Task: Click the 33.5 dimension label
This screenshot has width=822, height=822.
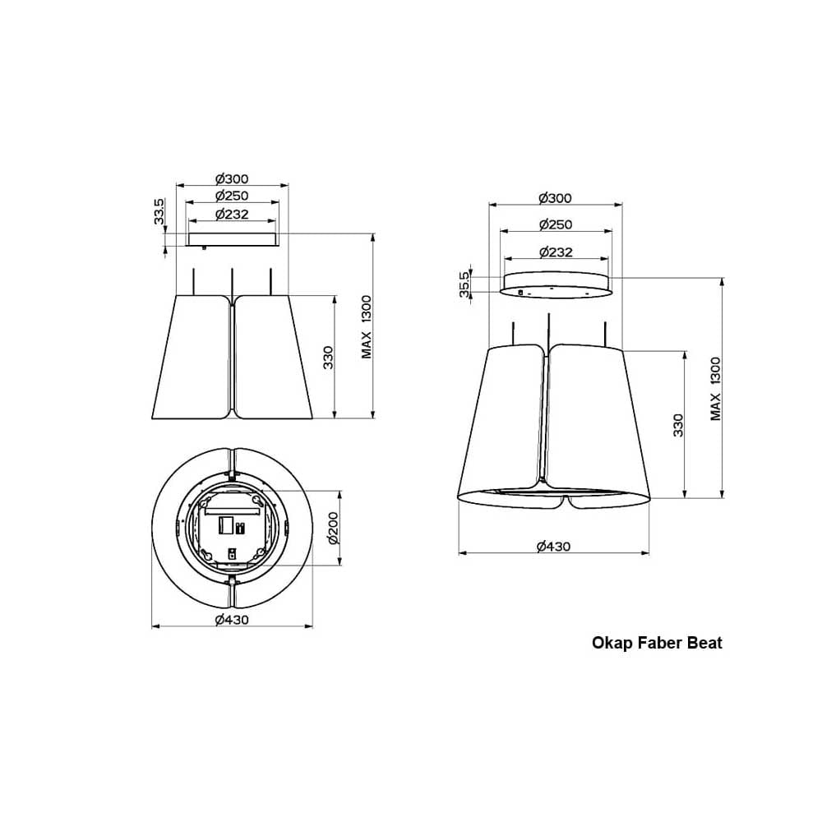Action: (159, 211)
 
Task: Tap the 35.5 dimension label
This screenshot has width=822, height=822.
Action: (465, 284)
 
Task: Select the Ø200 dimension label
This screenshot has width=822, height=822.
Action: (334, 528)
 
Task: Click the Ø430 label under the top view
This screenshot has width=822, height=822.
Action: (232, 620)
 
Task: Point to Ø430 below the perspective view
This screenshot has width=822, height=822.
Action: (553, 547)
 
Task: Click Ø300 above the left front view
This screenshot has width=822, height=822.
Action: (232, 178)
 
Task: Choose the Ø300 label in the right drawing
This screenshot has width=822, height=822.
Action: (555, 198)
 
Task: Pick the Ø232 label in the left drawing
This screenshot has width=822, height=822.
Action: (232, 214)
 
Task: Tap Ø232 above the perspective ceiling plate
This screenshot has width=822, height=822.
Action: (556, 252)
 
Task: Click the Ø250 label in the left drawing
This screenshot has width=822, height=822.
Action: (232, 196)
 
